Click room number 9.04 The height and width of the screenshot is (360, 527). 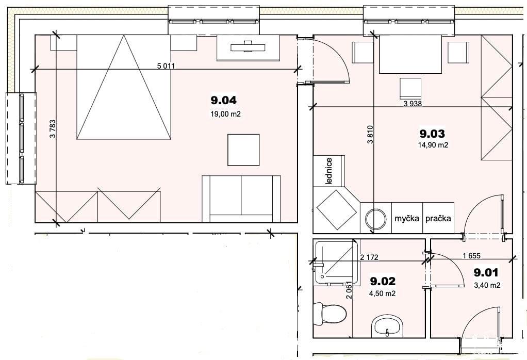click(x=223, y=100)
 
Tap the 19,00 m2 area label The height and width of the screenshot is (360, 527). click(x=225, y=114)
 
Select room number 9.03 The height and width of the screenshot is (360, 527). click(x=432, y=134)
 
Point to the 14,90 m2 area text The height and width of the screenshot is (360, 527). click(x=433, y=145)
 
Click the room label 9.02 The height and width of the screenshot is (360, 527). click(x=383, y=281)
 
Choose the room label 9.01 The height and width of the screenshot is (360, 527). click(x=486, y=272)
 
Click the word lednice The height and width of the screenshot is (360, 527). click(x=329, y=171)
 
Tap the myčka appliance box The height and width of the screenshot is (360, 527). click(x=407, y=218)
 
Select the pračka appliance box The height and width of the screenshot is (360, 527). click(x=438, y=218)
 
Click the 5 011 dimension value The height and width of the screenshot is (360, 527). click(x=166, y=66)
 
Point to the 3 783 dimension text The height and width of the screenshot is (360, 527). click(x=53, y=129)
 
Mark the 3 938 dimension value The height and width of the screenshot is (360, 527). click(x=413, y=104)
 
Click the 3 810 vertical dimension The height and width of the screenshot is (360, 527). click(x=370, y=135)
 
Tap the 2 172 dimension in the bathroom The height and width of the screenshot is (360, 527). click(x=369, y=257)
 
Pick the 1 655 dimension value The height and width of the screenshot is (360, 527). click(x=471, y=255)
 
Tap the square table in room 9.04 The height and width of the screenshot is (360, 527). click(x=243, y=150)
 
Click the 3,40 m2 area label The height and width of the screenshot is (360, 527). click(x=487, y=285)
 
